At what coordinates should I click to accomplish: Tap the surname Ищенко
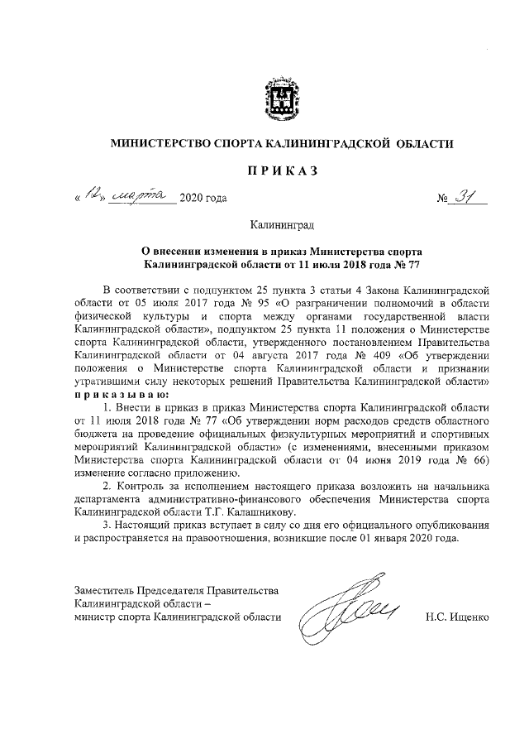click(x=471, y=617)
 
